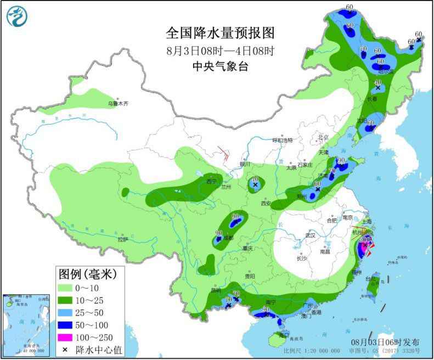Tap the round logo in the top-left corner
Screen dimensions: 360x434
point(16,16)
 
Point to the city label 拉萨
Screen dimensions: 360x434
point(122,239)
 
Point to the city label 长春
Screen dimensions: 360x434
point(371,99)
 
